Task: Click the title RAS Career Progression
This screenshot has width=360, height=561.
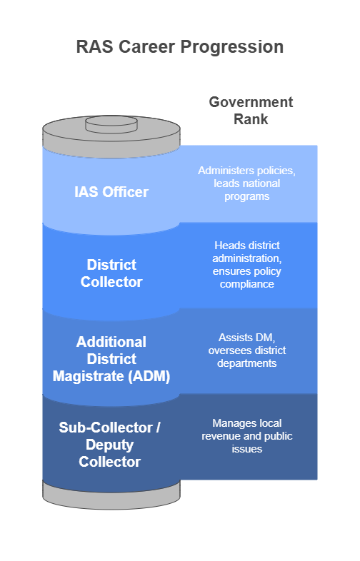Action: (x=180, y=47)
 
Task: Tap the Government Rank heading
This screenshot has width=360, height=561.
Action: (x=251, y=111)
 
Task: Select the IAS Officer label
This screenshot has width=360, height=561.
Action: (x=111, y=192)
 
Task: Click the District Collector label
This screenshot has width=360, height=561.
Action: (x=111, y=273)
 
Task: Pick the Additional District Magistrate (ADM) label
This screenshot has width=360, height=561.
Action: (x=111, y=359)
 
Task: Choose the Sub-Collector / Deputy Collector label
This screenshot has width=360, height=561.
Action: (x=109, y=445)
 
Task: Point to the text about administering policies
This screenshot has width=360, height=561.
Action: (x=247, y=183)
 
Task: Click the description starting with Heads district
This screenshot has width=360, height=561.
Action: (x=247, y=265)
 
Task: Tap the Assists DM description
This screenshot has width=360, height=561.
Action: (x=247, y=350)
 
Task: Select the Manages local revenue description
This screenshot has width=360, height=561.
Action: (x=247, y=436)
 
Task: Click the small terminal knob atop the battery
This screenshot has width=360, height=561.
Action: (x=111, y=124)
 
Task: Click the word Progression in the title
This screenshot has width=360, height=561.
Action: (x=231, y=47)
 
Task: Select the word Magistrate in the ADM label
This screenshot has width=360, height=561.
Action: (x=88, y=376)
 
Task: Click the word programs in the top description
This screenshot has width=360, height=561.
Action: (x=247, y=197)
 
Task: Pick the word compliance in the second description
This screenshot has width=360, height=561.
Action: (x=247, y=285)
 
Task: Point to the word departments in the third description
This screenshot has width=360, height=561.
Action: (x=247, y=363)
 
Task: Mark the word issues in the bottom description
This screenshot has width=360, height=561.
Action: (x=247, y=449)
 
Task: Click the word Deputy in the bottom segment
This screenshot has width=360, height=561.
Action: (x=109, y=445)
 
